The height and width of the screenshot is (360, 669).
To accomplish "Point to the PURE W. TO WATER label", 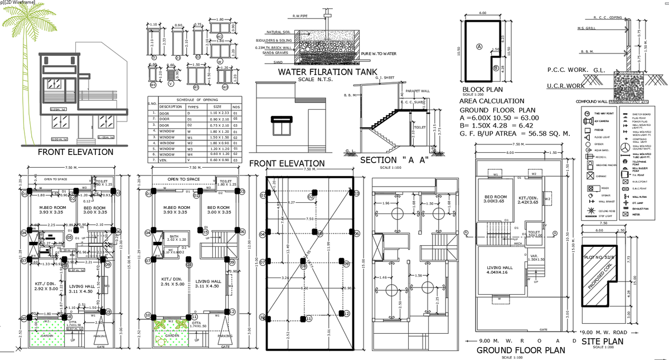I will (379, 53).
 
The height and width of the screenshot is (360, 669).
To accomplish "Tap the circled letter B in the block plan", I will (495, 68).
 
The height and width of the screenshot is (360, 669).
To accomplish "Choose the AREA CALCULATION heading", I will (492, 101).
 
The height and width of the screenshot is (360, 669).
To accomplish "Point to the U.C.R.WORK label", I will (565, 86).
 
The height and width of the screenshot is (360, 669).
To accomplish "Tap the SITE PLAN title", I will (602, 341).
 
